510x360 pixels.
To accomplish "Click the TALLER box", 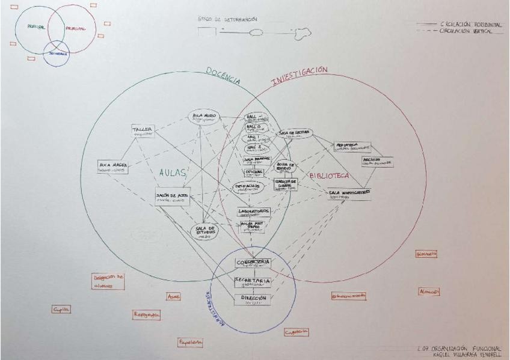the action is [x=144, y=130].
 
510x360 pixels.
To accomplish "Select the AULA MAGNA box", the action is [x=112, y=166].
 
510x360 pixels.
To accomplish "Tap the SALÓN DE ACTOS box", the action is [x=169, y=198].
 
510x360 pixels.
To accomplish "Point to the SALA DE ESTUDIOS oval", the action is [x=206, y=232].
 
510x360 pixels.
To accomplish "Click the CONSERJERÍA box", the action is [x=253, y=264].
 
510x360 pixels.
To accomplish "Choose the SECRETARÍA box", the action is [x=253, y=282].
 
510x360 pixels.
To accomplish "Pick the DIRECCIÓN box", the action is [x=252, y=299].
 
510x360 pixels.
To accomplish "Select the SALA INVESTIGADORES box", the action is [x=349, y=194].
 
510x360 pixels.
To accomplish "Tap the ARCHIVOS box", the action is [x=378, y=161].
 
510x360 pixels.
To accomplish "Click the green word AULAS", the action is [x=173, y=173].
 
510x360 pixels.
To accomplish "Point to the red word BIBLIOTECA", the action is [x=330, y=176].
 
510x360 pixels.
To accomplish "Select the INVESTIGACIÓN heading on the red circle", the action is [x=300, y=76].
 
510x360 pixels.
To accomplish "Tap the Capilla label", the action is [x=61, y=309].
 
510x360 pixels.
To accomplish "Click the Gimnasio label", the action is [x=426, y=254].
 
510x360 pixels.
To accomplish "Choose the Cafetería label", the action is [x=296, y=332].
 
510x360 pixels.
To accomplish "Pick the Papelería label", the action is [x=190, y=343].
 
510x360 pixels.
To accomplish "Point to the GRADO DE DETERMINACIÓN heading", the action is [x=223, y=19].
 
